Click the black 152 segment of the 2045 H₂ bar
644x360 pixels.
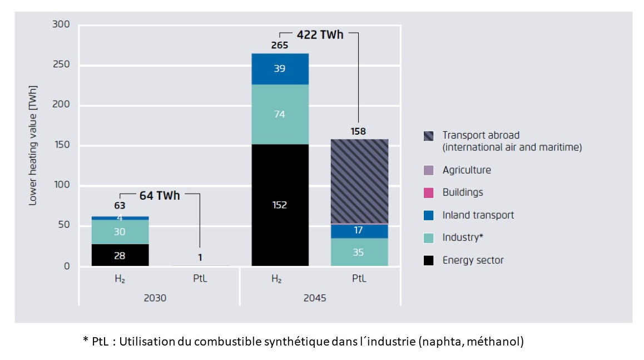click(280, 205)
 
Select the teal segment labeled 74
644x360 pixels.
click(280, 114)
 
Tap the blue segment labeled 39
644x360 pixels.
click(280, 68)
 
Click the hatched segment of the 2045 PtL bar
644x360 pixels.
click(359, 181)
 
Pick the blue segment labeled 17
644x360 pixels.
click(359, 230)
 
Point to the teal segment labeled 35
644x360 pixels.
click(359, 252)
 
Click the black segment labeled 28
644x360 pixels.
click(120, 255)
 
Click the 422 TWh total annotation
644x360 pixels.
click(320, 35)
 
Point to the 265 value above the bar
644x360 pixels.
click(280, 46)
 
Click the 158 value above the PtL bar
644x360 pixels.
click(359, 131)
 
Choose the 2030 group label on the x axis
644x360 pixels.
click(155, 298)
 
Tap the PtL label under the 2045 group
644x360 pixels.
click(359, 279)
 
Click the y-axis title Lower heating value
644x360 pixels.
click(33, 146)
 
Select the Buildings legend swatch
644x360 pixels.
click(429, 193)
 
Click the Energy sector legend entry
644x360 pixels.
click(473, 260)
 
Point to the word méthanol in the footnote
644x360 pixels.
click(497, 342)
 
